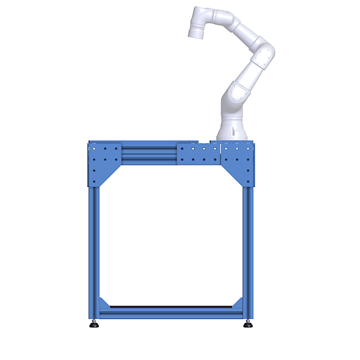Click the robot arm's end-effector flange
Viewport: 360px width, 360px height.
195,31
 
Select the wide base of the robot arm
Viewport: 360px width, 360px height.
232,130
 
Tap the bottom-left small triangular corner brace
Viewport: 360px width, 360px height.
104,303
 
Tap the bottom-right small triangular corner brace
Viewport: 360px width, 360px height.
238,303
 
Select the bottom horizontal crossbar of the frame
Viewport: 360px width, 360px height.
171,314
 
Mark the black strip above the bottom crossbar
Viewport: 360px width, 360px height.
171,307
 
